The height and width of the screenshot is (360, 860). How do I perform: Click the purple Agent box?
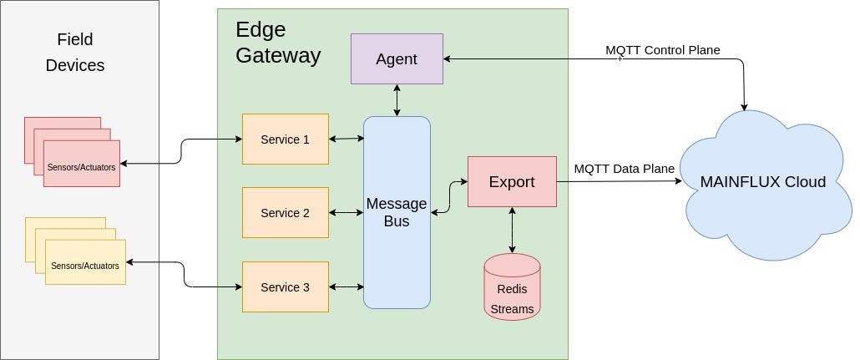(397, 59)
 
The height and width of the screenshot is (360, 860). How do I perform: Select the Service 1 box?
(285, 139)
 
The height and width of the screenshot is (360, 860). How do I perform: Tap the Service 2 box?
(285, 213)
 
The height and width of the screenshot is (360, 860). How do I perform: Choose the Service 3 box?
(285, 287)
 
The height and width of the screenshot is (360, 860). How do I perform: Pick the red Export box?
(512, 182)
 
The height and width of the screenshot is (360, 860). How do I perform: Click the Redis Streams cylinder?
(512, 287)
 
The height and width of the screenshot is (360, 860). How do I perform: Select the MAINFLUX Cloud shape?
(762, 182)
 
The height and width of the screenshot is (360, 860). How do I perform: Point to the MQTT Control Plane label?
(662, 50)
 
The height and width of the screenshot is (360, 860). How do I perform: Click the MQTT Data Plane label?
(624, 169)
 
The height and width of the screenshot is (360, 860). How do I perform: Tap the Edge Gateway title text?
(277, 43)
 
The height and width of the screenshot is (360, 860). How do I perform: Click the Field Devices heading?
(75, 52)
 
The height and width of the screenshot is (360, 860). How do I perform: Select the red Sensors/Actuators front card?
(82, 165)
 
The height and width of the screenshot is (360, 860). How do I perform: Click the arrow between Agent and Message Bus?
(397, 100)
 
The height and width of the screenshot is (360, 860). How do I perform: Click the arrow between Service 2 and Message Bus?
(347, 213)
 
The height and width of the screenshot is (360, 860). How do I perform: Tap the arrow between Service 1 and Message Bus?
(347, 139)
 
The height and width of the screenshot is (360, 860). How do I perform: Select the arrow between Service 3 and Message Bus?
(347, 287)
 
